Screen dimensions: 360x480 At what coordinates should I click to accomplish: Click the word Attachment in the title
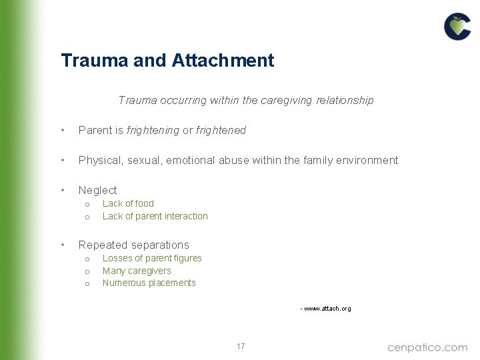point(223,61)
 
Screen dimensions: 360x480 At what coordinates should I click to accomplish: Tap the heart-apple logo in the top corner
point(457,27)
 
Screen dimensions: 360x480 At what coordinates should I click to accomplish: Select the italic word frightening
point(153,131)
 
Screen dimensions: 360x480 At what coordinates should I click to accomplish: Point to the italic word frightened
point(221,131)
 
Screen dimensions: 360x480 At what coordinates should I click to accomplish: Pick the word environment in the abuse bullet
point(367,160)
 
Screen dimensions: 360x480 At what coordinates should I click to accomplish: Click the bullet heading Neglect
point(97,190)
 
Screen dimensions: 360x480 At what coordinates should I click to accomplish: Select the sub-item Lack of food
point(128,203)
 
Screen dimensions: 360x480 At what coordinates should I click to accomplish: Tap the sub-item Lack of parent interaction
point(155,216)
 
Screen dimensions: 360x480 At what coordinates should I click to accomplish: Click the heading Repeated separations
point(133,245)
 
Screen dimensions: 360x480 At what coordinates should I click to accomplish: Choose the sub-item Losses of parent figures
point(152,258)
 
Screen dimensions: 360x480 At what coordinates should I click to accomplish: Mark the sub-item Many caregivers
point(137,271)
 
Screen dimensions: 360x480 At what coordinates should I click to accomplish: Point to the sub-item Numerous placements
point(149,283)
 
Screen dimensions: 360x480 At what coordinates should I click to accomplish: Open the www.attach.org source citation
point(327,309)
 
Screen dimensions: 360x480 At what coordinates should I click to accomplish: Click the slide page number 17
point(240,347)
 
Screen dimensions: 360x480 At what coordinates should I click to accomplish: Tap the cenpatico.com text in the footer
point(427,347)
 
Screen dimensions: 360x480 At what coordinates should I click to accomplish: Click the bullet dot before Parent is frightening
point(63,131)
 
